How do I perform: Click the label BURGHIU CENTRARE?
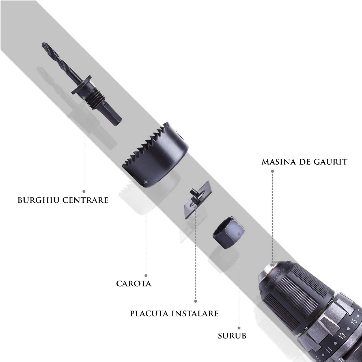[63, 200]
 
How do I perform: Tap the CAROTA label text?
[134, 283]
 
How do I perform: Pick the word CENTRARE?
[85, 200]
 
